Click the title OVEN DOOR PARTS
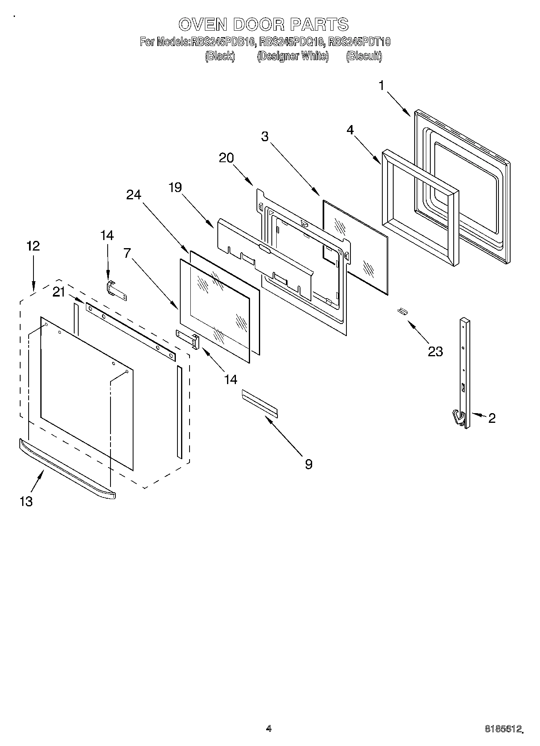coord(263,25)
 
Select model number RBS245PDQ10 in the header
coord(292,42)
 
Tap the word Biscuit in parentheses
coord(363,56)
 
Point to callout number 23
coord(435,351)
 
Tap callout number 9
coord(309,464)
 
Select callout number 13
coord(26,502)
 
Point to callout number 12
coord(33,246)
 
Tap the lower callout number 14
coord(231,379)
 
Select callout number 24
coord(134,194)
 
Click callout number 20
coord(226,158)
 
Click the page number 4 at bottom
coord(269,729)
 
